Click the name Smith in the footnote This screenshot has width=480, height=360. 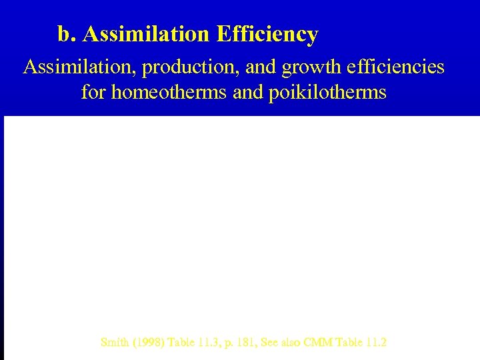pyautogui.click(x=114, y=343)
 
